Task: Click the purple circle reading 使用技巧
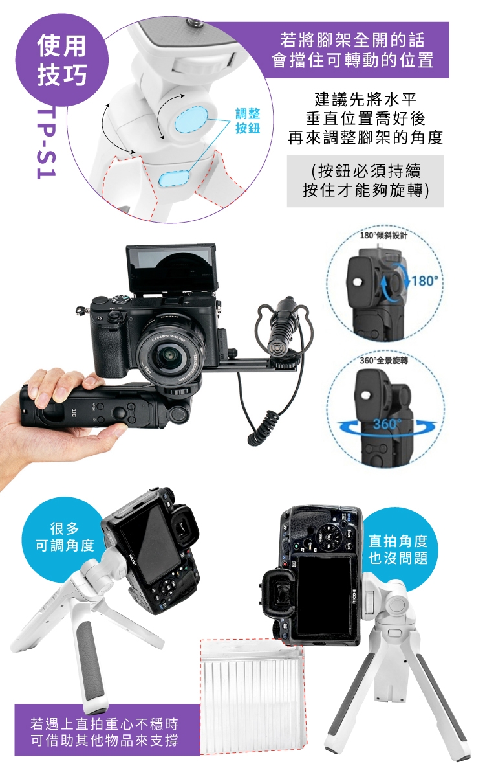62,59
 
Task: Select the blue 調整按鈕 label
248,121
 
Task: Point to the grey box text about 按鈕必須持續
365,181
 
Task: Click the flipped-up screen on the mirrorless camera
171,270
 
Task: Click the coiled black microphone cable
263,425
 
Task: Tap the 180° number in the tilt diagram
425,281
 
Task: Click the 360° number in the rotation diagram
387,423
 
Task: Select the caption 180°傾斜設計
383,236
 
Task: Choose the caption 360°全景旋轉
383,361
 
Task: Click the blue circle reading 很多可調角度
64,536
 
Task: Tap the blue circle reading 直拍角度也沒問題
398,548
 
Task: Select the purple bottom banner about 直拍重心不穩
104,731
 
